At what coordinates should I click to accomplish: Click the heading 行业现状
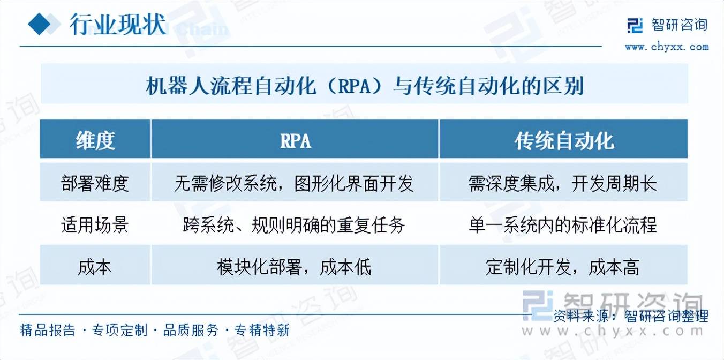pos(118,24)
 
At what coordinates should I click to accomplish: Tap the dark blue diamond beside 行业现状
pos(40,24)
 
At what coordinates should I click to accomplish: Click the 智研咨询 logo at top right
pos(667,25)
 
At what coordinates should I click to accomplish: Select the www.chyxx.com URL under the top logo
pos(667,47)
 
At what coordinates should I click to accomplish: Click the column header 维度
pos(95,141)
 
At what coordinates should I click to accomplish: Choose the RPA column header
pos(296,141)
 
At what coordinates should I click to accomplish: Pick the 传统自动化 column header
pos(564,141)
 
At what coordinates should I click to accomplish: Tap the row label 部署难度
pos(95,183)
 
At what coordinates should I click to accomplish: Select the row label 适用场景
pos(95,225)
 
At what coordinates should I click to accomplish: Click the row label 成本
pos(95,267)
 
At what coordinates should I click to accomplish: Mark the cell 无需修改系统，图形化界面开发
pos(294,183)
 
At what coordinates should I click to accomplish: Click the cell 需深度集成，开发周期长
pos(563,183)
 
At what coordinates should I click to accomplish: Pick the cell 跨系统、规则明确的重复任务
pos(294,225)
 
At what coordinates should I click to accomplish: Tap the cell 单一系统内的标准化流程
pos(563,225)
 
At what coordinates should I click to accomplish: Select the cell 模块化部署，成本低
pos(294,267)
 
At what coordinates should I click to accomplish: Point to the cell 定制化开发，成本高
pos(563,267)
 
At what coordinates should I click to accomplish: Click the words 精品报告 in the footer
pos(48,330)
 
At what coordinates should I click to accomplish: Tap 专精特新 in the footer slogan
pos(262,330)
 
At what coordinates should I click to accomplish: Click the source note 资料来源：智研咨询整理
pos(631,316)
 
